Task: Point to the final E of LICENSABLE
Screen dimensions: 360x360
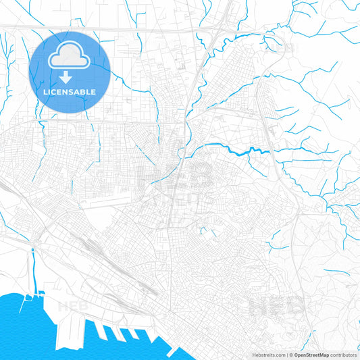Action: [x=94, y=91]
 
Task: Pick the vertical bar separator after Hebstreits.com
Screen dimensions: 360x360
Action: [x=286, y=355]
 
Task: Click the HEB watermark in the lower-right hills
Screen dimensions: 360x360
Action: [x=277, y=306]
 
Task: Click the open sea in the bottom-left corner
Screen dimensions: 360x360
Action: [x=20, y=331]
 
